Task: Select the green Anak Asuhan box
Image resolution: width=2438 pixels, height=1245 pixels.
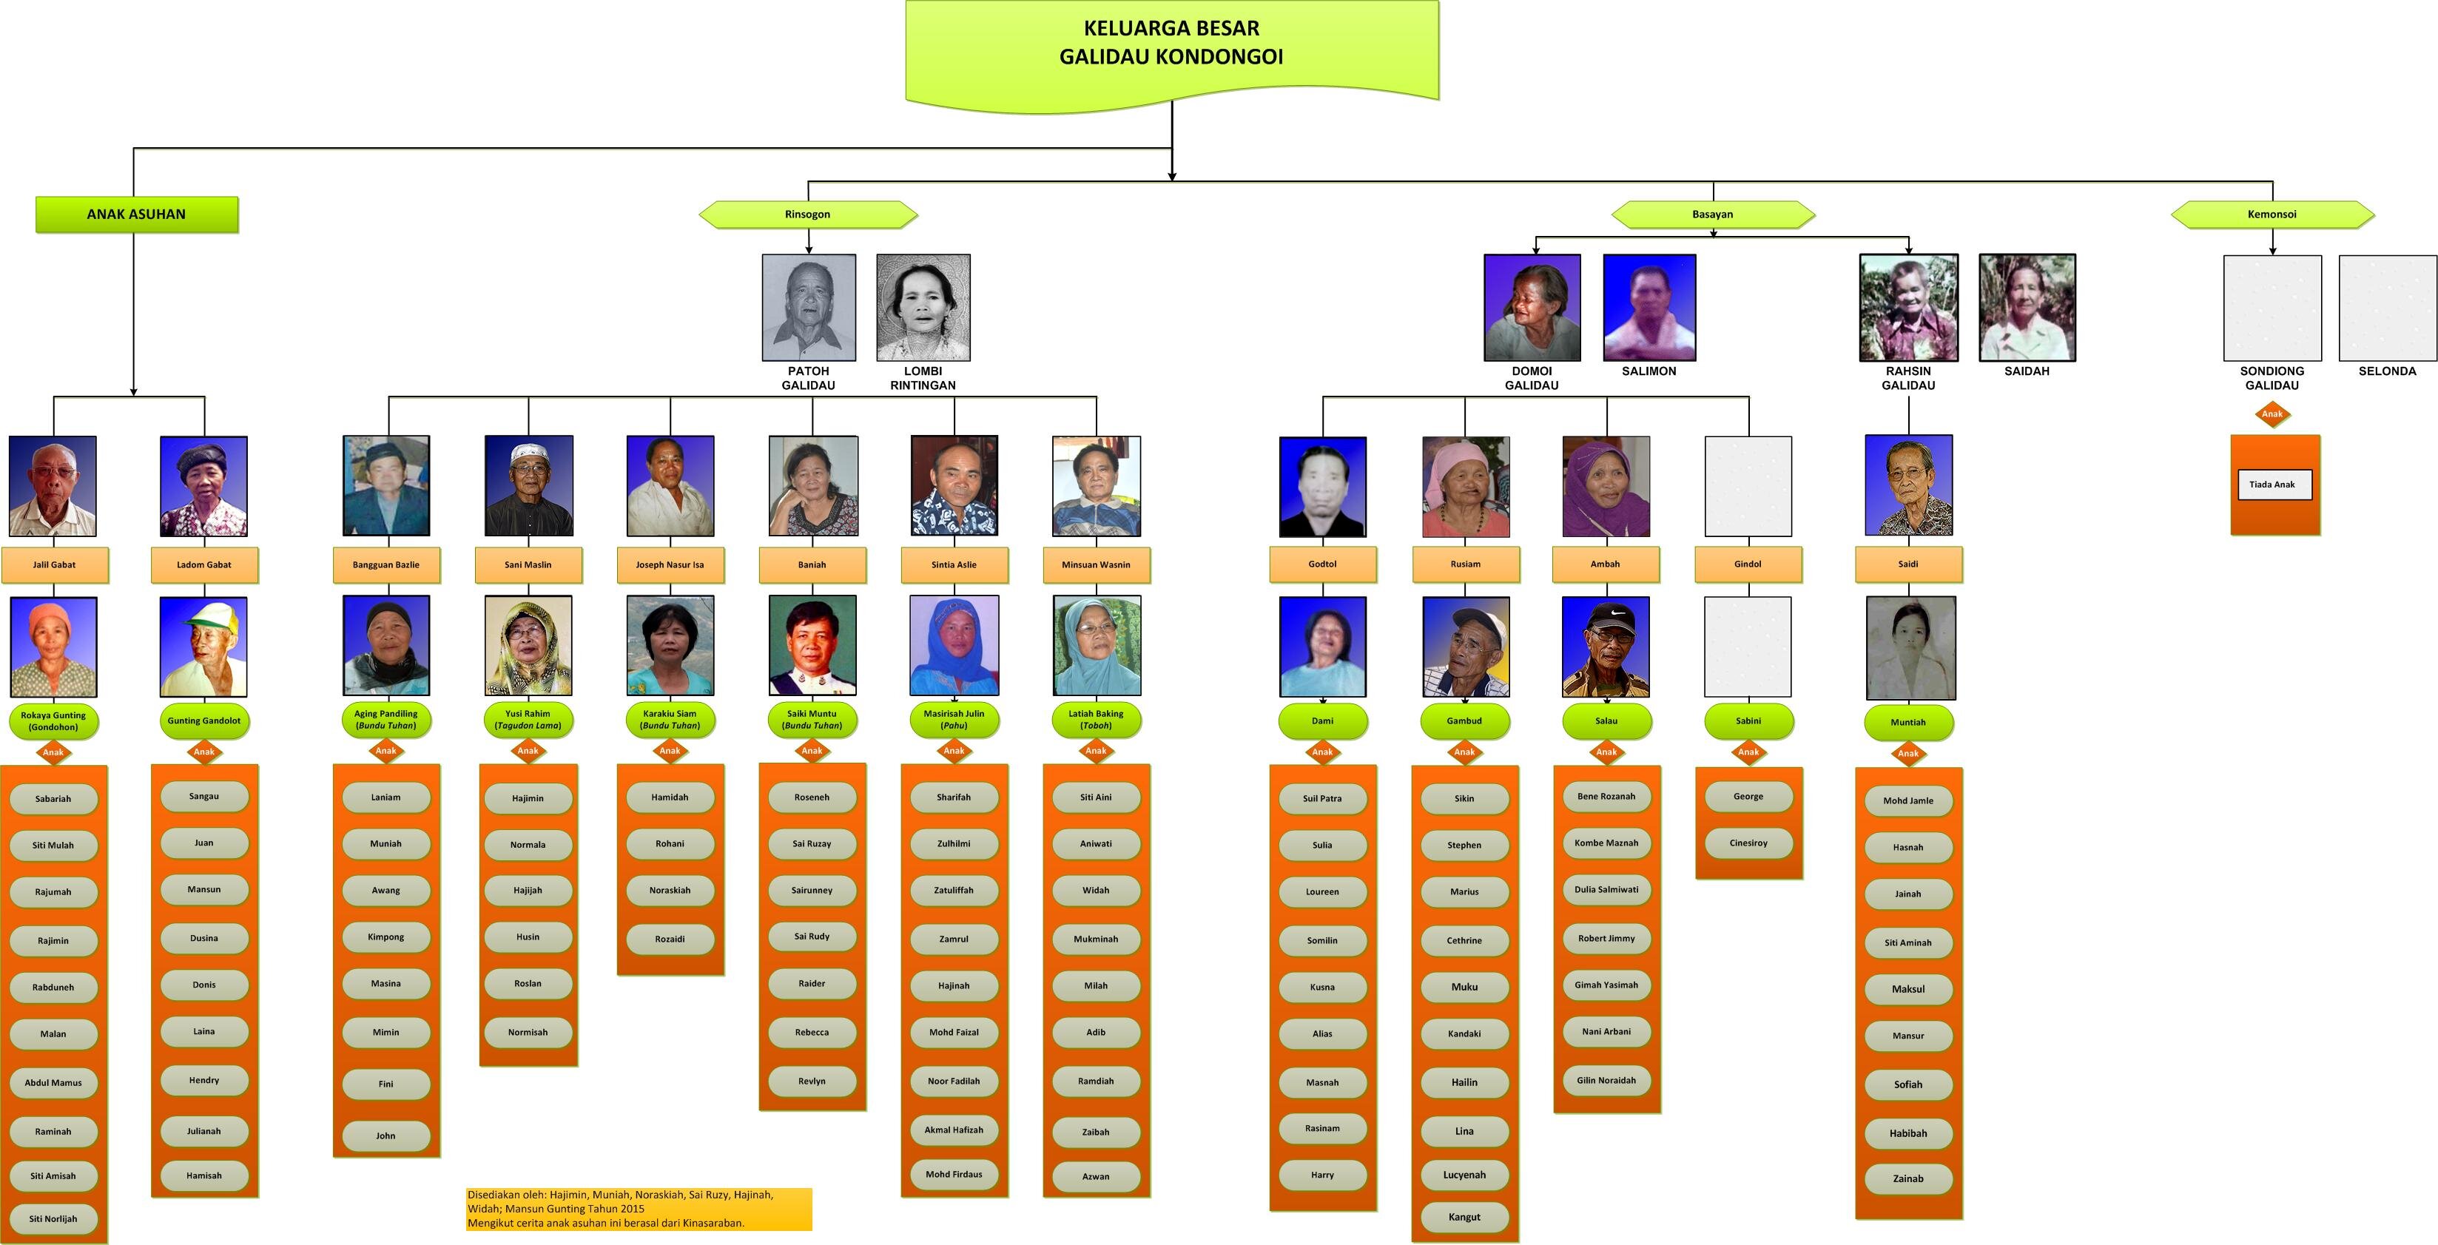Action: [136, 214]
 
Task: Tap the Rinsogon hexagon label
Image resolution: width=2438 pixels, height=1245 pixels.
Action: [807, 215]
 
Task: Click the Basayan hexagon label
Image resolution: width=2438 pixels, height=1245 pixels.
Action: [1712, 215]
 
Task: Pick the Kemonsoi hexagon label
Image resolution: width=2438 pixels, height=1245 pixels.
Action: [2272, 215]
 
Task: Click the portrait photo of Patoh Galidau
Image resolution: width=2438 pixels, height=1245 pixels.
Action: [808, 306]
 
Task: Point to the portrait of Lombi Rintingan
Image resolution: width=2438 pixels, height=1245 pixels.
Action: [923, 306]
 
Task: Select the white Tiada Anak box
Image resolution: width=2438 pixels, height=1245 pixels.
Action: [2272, 485]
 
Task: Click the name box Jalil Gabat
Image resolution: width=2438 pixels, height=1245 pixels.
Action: [54, 564]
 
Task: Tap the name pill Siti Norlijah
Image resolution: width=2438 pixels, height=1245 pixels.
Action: [53, 1218]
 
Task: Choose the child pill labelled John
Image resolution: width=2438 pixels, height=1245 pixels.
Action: [385, 1136]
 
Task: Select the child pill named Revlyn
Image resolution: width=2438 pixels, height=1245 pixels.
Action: [811, 1080]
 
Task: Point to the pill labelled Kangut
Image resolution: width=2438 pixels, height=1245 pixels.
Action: [1464, 1217]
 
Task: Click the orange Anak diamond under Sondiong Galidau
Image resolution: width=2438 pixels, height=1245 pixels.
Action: [2272, 414]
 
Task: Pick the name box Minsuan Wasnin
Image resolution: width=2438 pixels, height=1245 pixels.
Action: [1095, 564]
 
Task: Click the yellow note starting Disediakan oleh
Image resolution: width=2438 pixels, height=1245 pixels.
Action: [639, 1208]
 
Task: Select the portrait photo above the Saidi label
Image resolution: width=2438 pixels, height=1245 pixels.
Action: [1908, 485]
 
